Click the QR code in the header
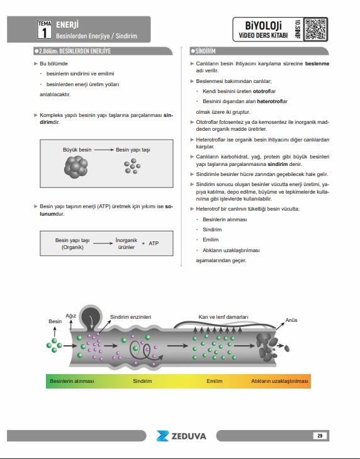pyautogui.click(x=315, y=30)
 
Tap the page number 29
pyautogui.click(x=320, y=436)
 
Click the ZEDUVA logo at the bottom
pyautogui.click(x=181, y=436)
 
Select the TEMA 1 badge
pyautogui.click(x=45, y=30)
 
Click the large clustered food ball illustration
pyautogui.click(x=76, y=167)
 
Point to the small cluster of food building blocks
pyautogui.click(x=132, y=166)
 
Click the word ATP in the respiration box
pyautogui.click(x=154, y=243)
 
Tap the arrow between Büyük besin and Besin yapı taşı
pyautogui.click(x=104, y=150)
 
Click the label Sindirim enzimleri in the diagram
pyautogui.click(x=131, y=317)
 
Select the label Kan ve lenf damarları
pyautogui.click(x=223, y=317)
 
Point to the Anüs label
pyautogui.click(x=291, y=320)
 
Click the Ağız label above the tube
pyautogui.click(x=70, y=316)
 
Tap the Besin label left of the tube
pyautogui.click(x=55, y=321)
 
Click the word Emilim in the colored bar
pyautogui.click(x=215, y=381)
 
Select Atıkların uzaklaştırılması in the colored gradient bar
pyautogui.click(x=279, y=381)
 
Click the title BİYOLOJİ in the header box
pyautogui.click(x=263, y=26)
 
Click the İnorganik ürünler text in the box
pyautogui.click(x=127, y=243)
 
